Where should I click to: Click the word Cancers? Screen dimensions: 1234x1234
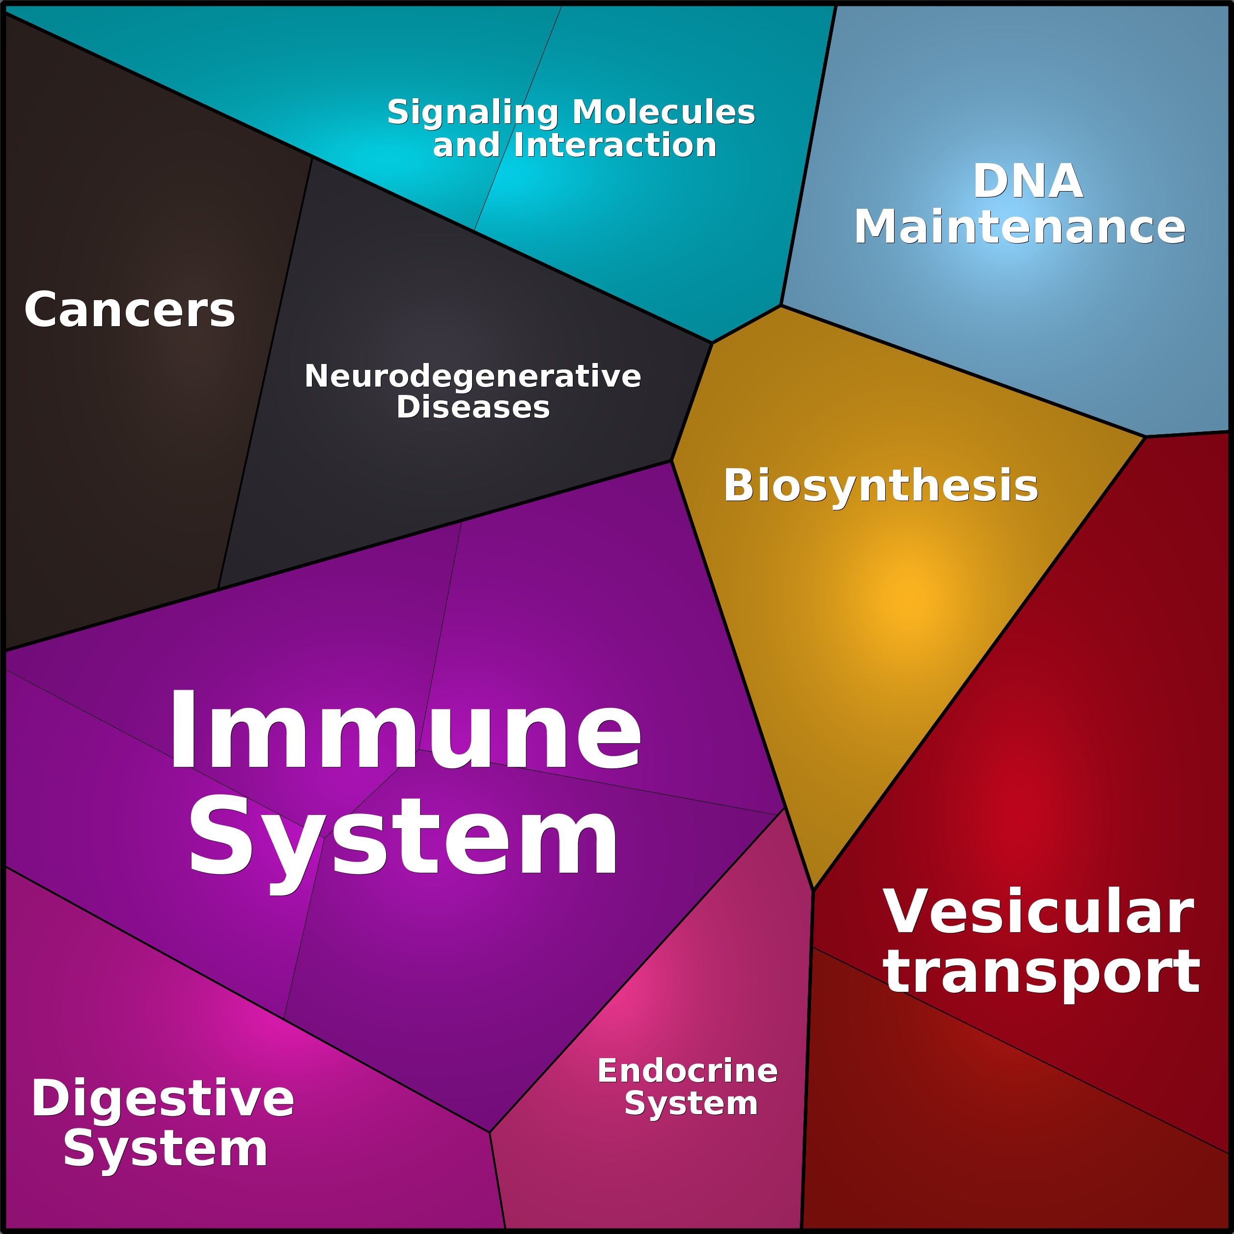(130, 310)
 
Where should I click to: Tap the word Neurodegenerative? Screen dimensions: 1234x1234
(473, 376)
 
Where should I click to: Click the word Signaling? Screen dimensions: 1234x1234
(473, 112)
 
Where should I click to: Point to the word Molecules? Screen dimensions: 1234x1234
(664, 112)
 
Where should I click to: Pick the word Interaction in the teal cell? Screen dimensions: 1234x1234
(615, 145)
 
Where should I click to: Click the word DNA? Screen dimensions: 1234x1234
(1028, 181)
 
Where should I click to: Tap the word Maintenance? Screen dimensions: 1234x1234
(1020, 227)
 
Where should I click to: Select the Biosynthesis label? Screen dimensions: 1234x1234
(881, 486)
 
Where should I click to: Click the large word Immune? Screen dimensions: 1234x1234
(405, 729)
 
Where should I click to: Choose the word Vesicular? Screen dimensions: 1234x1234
(1038, 911)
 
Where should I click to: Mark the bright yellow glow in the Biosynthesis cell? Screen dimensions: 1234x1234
(910, 597)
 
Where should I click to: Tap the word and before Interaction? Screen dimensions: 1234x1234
(467, 145)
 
